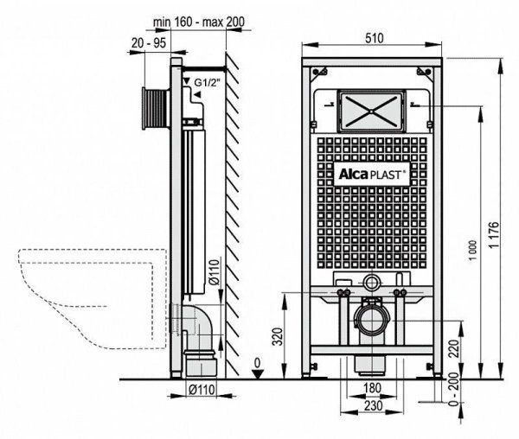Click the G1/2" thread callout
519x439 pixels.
click(x=208, y=83)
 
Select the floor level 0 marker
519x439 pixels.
click(x=256, y=364)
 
